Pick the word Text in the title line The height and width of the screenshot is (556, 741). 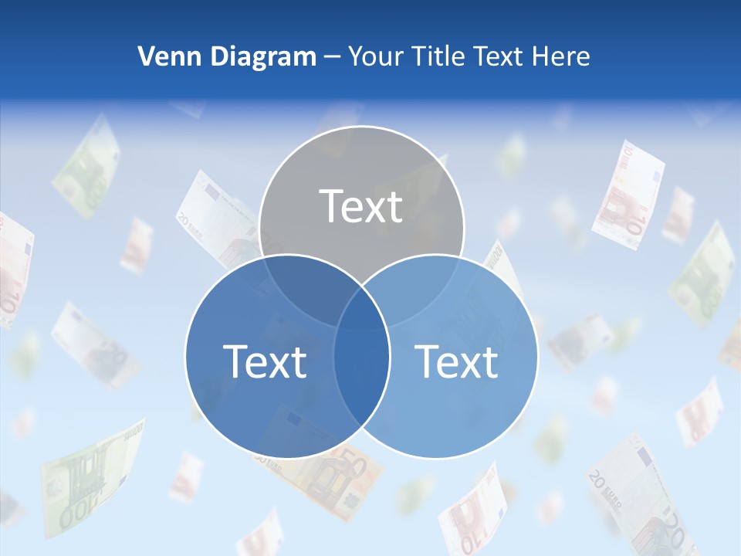tap(502, 56)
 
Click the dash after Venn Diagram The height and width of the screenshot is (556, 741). tap(331, 57)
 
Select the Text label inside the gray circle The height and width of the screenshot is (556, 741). tap(361, 206)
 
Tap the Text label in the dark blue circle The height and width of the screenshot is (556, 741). tap(264, 361)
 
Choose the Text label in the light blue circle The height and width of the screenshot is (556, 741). tap(457, 361)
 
